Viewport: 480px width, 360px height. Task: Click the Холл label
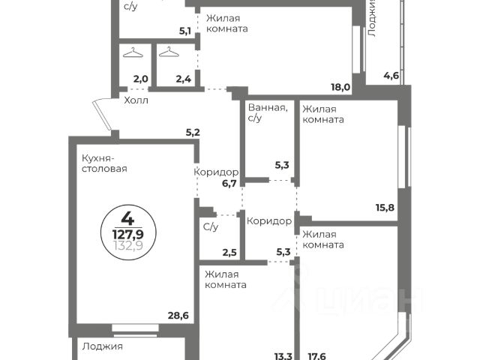tap(136, 100)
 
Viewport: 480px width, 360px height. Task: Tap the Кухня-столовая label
tap(103, 163)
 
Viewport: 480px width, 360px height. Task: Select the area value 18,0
tap(341, 87)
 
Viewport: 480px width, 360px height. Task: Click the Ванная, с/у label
tap(266, 112)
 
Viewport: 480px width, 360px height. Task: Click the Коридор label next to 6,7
tap(216, 172)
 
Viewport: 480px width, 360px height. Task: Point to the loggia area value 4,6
tap(391, 75)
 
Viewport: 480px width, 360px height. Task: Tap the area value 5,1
tap(184, 31)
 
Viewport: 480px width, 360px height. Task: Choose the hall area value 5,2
tap(193, 133)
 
